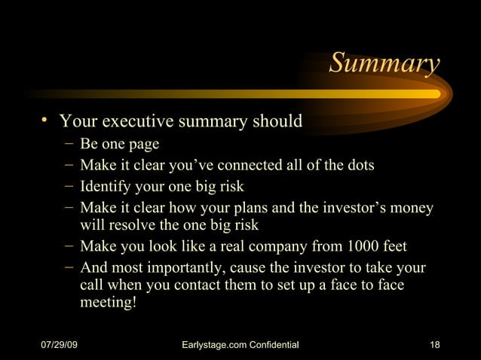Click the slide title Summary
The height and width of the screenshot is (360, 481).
(x=384, y=65)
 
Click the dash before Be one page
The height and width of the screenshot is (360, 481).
(x=69, y=144)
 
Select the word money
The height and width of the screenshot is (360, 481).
(x=414, y=207)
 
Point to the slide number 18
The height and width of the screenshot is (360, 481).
(x=434, y=345)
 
